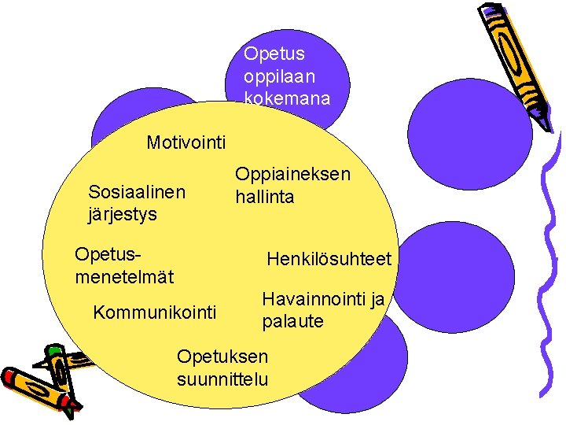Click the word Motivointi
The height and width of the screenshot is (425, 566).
click(186, 142)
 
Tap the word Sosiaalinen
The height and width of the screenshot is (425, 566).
click(138, 192)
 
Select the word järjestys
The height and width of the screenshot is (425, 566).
click(123, 214)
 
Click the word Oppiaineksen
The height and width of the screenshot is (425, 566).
click(292, 174)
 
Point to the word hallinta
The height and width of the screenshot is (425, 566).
click(265, 197)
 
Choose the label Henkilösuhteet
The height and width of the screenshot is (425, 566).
click(329, 259)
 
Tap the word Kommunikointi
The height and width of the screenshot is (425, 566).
click(154, 312)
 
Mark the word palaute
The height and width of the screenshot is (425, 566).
click(292, 322)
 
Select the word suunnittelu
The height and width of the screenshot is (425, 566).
click(223, 379)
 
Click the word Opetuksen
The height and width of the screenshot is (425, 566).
click(222, 356)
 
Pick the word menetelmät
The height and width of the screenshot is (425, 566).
click(123, 277)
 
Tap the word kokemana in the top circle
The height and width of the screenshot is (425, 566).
click(287, 98)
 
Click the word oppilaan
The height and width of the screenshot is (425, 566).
click(280, 76)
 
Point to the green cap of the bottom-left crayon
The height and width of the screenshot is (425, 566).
click(54, 351)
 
